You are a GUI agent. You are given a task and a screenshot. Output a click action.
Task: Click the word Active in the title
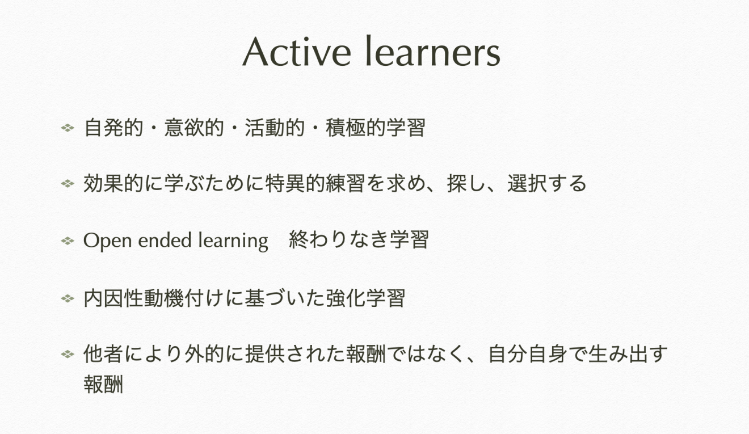click(297, 52)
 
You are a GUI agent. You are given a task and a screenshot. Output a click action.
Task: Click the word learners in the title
click(433, 51)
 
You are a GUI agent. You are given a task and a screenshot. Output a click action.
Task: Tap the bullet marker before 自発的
click(68, 128)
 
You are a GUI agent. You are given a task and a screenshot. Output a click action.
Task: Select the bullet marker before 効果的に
click(68, 184)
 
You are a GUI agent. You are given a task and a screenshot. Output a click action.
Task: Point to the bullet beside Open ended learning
click(68, 241)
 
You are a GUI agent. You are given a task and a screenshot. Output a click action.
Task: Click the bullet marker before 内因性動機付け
click(68, 298)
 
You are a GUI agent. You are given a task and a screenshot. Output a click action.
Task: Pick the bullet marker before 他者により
click(68, 355)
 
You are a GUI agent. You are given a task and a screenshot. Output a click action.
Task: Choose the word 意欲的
click(194, 128)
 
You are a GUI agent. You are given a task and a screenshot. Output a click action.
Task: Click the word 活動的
click(275, 128)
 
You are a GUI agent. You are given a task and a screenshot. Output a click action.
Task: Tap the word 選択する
click(547, 183)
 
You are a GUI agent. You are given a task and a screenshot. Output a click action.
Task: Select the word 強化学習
click(365, 298)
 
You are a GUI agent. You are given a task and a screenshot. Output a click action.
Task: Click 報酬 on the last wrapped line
click(104, 384)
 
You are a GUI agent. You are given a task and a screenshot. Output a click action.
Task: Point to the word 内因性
click(113, 298)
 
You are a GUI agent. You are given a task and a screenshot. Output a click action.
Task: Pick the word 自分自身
click(528, 354)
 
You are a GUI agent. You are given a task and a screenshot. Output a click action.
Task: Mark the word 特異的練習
click(315, 183)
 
